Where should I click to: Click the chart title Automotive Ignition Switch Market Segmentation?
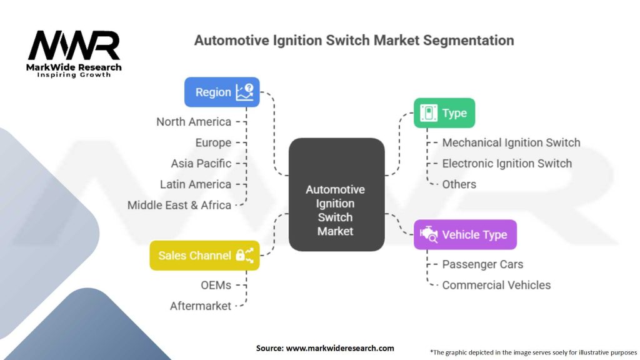pos(354,41)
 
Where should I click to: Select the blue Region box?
pos(222,92)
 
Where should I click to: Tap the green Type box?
pos(444,113)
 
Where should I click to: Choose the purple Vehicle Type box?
pos(465,235)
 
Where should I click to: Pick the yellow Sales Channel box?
pos(204,255)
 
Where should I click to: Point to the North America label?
pos(194,122)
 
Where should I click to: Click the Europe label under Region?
pos(212,142)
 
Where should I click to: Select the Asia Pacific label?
pos(201,163)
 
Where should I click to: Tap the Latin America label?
pos(195,184)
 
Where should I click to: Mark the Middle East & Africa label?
pos(179,205)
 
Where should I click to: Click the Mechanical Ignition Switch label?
pos(511,142)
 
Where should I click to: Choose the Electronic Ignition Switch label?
pos(507,163)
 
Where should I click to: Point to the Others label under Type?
pos(459,184)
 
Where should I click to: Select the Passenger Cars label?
pos(482,264)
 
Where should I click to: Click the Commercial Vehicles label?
pos(496,285)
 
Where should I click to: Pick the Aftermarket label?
pos(200,306)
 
